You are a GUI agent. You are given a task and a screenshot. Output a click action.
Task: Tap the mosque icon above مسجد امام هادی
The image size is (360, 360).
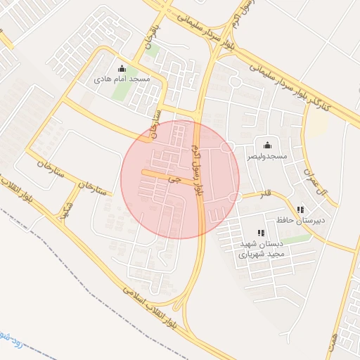click(x=122, y=69)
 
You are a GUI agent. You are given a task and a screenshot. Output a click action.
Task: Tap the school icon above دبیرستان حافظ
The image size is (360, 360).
click(x=301, y=210)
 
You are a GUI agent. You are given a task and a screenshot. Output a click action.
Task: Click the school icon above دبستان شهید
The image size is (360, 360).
click(x=261, y=233)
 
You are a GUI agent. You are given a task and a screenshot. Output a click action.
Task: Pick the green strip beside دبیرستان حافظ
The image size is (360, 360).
click(x=296, y=240)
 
